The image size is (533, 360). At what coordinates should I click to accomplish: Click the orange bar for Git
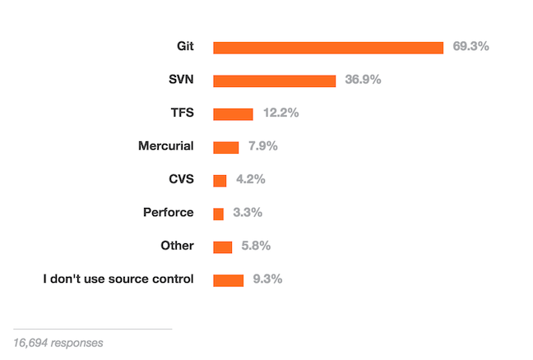[328, 48]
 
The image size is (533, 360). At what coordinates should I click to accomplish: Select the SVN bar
[274, 81]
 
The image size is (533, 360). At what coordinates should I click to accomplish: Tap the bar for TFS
[233, 114]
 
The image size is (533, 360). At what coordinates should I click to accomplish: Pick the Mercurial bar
[225, 147]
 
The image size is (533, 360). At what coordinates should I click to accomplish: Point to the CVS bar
[220, 180]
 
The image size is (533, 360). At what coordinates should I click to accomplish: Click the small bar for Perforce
[218, 214]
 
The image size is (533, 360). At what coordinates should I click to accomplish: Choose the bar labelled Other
[222, 247]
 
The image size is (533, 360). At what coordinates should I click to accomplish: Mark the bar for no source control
[228, 280]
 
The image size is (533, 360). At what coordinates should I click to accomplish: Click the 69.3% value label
[470, 47]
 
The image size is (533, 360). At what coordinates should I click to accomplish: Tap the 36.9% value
[363, 80]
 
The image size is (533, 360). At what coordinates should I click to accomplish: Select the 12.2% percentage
[280, 113]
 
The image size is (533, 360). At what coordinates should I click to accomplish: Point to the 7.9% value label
[262, 146]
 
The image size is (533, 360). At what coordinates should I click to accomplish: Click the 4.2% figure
[250, 179]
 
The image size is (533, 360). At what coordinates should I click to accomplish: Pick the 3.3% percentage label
[247, 212]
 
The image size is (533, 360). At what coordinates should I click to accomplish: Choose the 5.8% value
[256, 246]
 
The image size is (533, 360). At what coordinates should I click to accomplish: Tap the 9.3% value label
[267, 279]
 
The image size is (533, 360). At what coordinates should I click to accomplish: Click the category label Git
[183, 47]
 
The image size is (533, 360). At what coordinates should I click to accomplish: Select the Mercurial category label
[166, 146]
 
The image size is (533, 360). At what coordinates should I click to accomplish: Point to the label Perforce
[168, 212]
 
